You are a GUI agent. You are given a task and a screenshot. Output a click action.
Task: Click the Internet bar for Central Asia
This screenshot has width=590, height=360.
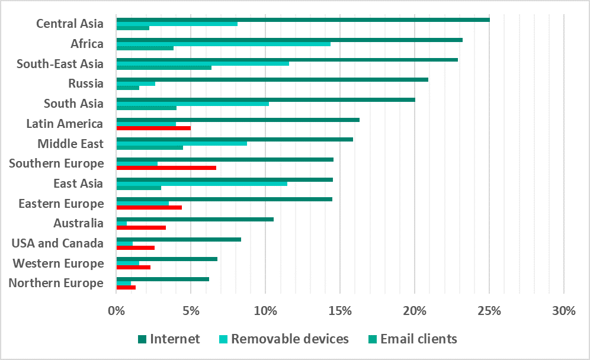tap(302, 20)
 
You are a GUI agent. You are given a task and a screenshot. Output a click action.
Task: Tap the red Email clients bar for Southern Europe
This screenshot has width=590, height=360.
tap(166, 168)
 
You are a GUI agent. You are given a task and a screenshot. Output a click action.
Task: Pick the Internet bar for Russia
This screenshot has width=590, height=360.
tap(272, 79)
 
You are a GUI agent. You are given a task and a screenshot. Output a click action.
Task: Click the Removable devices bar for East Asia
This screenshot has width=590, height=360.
tap(201, 184)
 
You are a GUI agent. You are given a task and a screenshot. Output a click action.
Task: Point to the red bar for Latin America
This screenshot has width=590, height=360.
tap(153, 127)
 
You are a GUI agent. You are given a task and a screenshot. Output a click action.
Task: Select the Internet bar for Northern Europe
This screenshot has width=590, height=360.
tap(162, 279)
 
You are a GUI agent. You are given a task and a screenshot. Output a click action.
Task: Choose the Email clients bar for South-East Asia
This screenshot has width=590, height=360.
tap(163, 67)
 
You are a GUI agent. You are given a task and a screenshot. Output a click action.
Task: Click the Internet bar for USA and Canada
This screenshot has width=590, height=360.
tap(178, 239)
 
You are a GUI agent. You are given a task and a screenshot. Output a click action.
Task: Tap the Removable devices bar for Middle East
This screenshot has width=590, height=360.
tap(181, 143)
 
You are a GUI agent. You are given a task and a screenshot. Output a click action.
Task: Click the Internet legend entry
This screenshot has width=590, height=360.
tap(169, 339)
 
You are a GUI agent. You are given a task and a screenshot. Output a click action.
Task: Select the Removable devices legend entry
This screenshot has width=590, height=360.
tap(283, 339)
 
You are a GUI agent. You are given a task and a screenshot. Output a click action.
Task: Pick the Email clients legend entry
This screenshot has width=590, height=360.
tap(412, 339)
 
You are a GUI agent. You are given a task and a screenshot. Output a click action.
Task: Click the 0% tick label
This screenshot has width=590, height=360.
tap(116, 311)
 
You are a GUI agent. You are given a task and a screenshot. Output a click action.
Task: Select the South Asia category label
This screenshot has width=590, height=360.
tap(73, 104)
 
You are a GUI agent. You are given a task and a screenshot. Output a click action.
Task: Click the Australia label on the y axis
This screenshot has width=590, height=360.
tap(78, 223)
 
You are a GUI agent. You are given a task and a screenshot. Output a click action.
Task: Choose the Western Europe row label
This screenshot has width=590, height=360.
tap(58, 263)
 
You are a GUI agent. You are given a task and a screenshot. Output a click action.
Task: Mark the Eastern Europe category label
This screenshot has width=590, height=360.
tap(61, 204)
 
